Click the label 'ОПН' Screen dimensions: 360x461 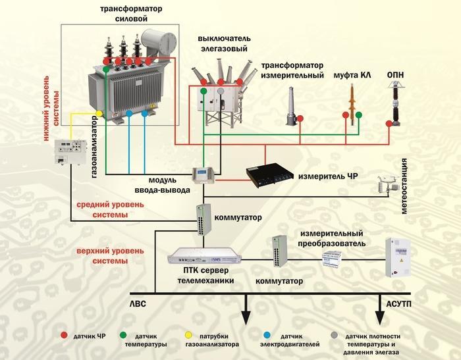click(x=395, y=76)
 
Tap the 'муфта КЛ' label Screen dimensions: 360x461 click(x=352, y=76)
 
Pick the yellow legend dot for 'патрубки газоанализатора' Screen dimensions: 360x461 click(x=187, y=336)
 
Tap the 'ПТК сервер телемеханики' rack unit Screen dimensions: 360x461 click(x=204, y=255)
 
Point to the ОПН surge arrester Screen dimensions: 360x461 click(x=396, y=105)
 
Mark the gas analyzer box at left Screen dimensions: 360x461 click(x=70, y=152)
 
